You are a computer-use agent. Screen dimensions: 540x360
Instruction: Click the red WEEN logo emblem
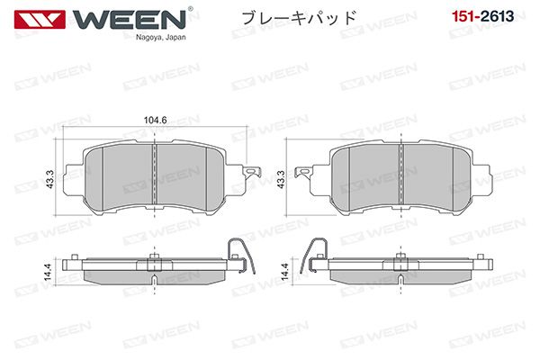pyautogui.click(x=40, y=19)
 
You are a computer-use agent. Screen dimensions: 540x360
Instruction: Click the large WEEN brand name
pyautogui.click(x=130, y=19)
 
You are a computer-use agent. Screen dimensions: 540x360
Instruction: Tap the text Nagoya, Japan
pyautogui.click(x=160, y=38)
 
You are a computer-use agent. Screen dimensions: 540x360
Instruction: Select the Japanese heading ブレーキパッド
pyautogui.click(x=298, y=18)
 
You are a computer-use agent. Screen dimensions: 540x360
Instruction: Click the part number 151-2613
pyautogui.click(x=482, y=16)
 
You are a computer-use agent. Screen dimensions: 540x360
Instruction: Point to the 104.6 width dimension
pyautogui.click(x=155, y=120)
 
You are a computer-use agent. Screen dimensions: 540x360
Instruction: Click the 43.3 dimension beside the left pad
pyautogui.click(x=49, y=179)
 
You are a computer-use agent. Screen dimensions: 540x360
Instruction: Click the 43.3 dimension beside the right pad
pyautogui.click(x=281, y=179)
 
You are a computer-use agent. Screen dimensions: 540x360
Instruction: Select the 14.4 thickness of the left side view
pyautogui.click(x=48, y=272)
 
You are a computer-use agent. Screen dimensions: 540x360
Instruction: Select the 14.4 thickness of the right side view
pyautogui.click(x=284, y=272)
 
